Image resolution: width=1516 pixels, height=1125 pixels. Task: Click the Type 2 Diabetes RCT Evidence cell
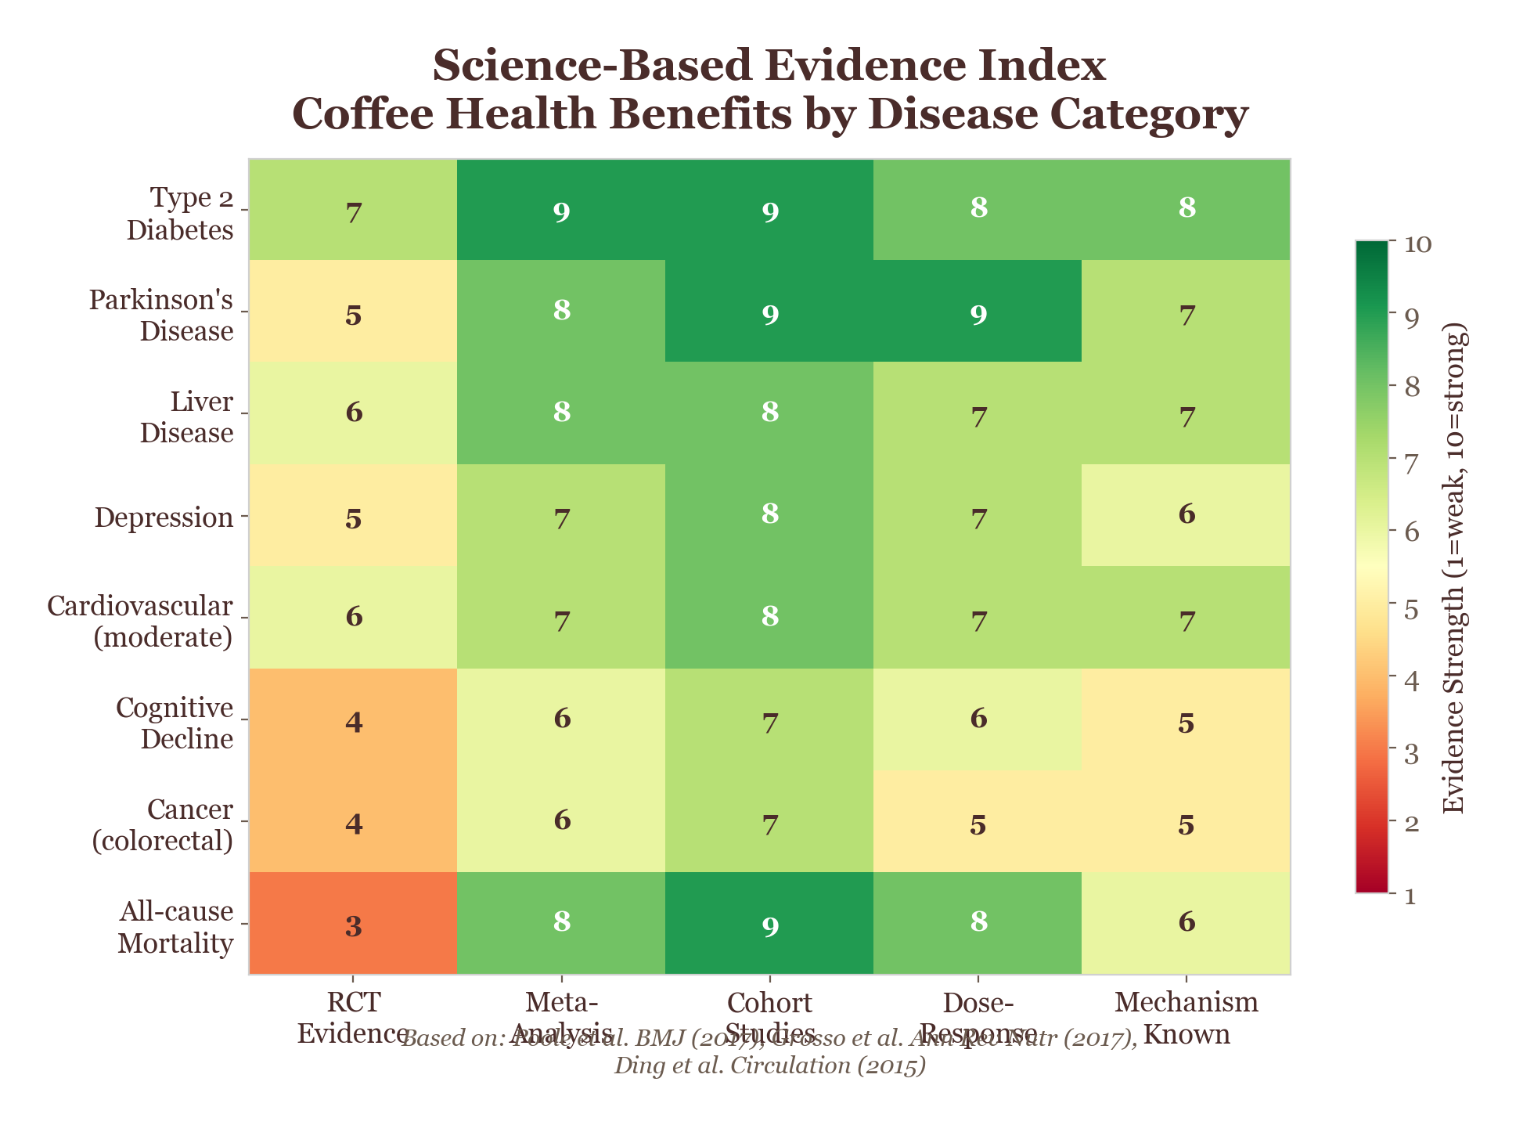pos(353,211)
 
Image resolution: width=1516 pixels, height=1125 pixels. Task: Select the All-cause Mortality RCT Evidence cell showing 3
pos(353,924)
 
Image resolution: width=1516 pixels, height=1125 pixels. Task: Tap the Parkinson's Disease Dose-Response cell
pos(978,312)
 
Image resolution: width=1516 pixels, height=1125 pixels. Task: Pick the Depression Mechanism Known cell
pos(1186,516)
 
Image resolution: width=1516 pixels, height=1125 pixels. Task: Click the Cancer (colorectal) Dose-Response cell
pos(978,821)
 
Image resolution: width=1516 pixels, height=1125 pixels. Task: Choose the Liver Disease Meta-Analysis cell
pos(561,414)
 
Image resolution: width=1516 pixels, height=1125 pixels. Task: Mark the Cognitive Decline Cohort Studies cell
pos(769,719)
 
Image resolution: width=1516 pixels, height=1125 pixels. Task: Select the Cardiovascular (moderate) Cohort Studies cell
pos(769,618)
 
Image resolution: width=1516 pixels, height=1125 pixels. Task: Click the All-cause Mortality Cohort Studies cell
pos(769,924)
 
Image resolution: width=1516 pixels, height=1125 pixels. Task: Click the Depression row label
pos(164,517)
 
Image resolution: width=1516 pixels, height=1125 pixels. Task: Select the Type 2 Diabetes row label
pos(180,214)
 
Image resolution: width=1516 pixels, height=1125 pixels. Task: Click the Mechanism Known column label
pos(1187,1018)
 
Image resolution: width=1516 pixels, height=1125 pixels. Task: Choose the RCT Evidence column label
pos(353,1018)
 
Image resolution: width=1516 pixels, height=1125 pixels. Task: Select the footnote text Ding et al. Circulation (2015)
pos(769,1066)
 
